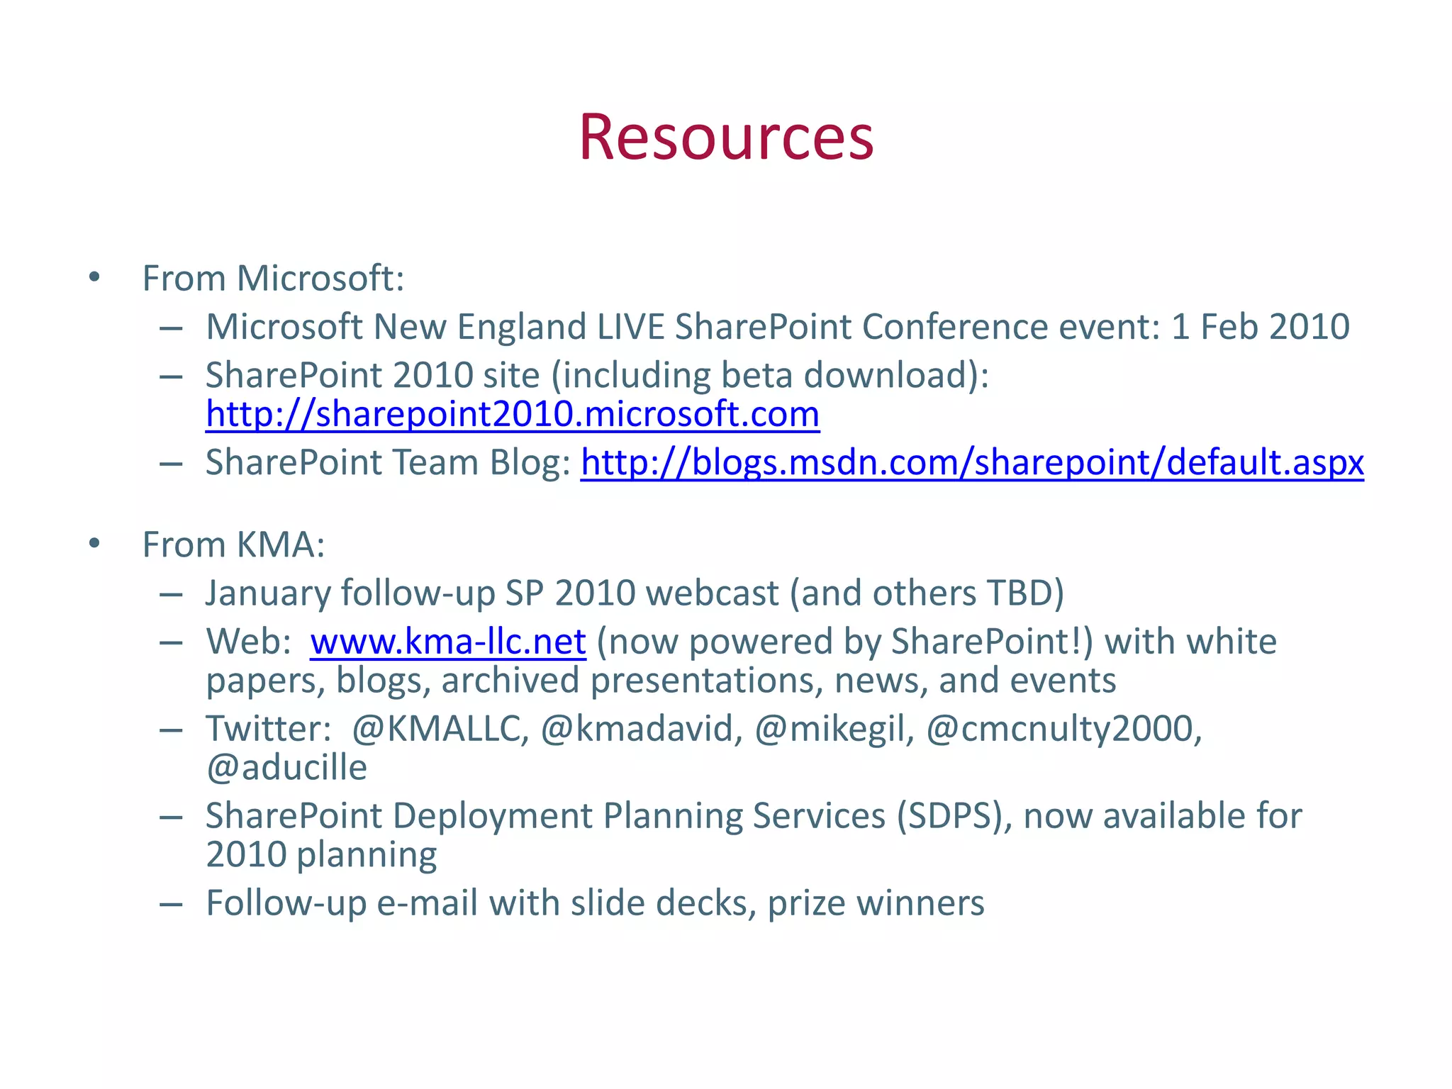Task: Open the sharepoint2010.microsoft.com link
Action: pos(512,415)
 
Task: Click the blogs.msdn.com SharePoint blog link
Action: pos(971,463)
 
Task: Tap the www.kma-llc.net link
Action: pos(447,642)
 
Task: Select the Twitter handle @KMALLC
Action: pos(440,730)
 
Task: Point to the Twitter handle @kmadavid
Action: pos(641,730)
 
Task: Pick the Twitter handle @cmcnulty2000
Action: pos(1063,730)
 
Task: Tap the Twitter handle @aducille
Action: pos(286,769)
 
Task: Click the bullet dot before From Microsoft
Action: pos(94,277)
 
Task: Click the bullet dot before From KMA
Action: pos(94,544)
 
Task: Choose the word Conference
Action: pos(954,327)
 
